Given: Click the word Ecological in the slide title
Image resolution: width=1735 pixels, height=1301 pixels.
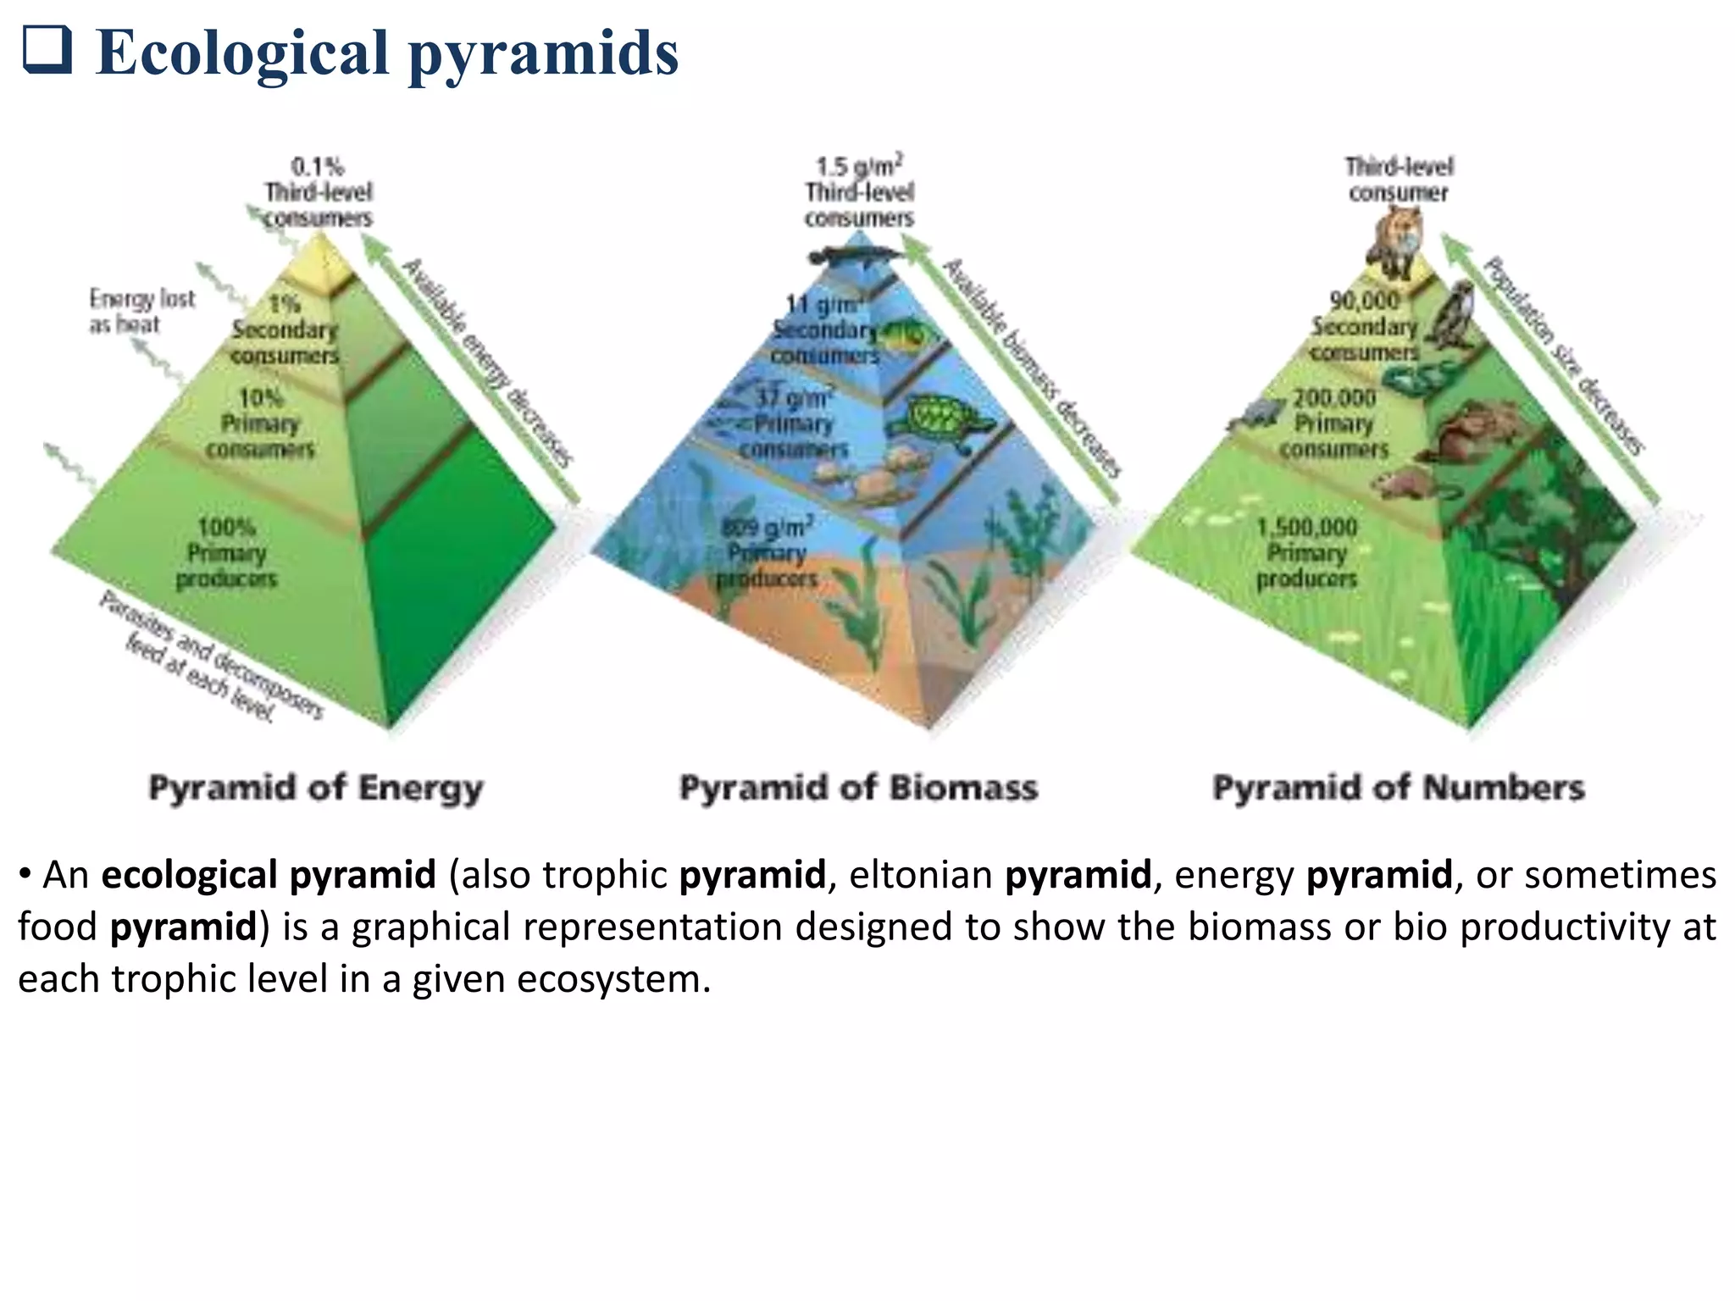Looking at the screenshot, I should [x=242, y=53].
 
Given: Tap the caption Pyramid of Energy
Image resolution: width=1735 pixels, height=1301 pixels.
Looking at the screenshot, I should [x=315, y=788].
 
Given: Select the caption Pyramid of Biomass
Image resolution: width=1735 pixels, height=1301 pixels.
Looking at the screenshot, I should [x=858, y=788].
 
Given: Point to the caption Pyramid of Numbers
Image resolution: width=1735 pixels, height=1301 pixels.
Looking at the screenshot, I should [x=1398, y=788].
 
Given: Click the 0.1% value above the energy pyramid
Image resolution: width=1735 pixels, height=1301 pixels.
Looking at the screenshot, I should [x=318, y=166].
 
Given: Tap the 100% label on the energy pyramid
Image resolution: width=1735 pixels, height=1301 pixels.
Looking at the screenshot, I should [x=227, y=527].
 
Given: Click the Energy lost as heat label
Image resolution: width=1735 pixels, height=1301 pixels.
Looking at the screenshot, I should [x=141, y=311].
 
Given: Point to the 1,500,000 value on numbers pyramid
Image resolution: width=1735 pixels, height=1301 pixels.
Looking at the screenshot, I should [x=1306, y=527].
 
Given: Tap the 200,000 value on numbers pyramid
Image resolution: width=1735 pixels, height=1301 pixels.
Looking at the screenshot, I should [x=1334, y=398].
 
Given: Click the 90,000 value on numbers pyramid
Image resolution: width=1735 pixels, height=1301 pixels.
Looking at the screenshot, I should [x=1364, y=300].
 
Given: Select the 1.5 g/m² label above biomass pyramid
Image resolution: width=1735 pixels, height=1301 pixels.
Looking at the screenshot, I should [x=858, y=166].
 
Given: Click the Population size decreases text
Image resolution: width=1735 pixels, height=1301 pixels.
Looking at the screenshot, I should [x=1563, y=356].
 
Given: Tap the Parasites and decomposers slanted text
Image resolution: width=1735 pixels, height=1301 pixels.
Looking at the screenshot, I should [x=212, y=656].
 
